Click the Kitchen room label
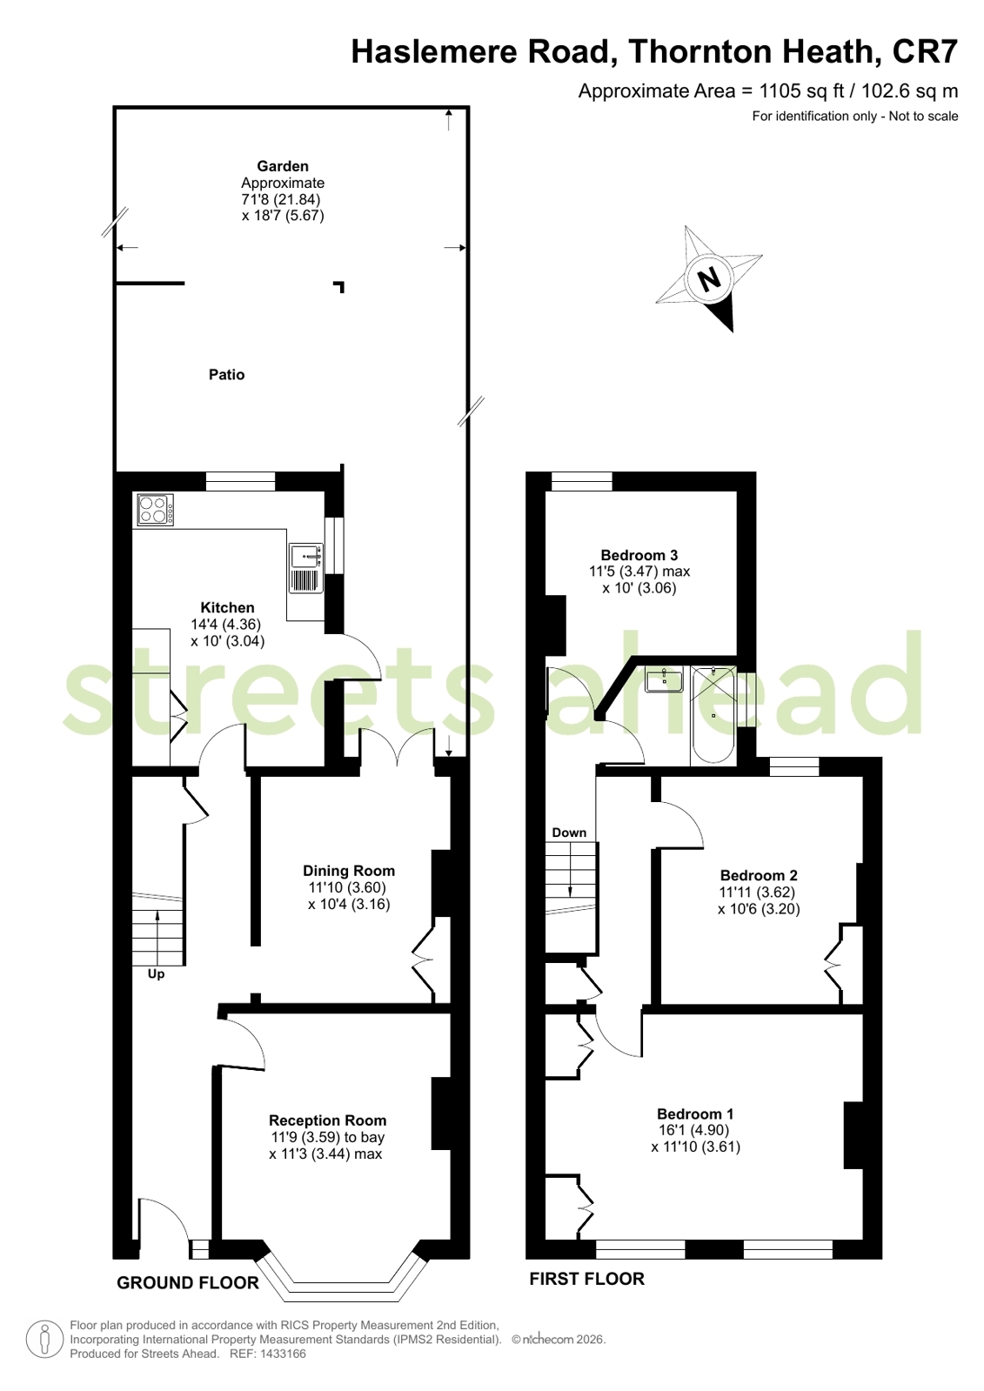pyautogui.click(x=227, y=607)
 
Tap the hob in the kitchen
pyautogui.click(x=156, y=510)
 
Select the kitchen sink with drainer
pyautogui.click(x=305, y=568)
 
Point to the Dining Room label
pyautogui.click(x=349, y=871)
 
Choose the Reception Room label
pyautogui.click(x=327, y=1120)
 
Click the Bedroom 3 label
pyautogui.click(x=639, y=554)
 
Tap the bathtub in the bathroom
pyautogui.click(x=713, y=715)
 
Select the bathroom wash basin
pyautogui.click(x=664, y=679)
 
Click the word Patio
pyautogui.click(x=227, y=374)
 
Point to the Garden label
pyautogui.click(x=283, y=166)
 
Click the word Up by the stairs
pyautogui.click(x=156, y=974)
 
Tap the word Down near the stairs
pyautogui.click(x=569, y=833)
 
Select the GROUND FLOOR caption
pyautogui.click(x=188, y=1282)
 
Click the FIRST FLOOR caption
pyautogui.click(x=587, y=1279)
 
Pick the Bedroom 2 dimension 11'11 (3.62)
pyautogui.click(x=757, y=893)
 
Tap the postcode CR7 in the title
pyautogui.click(x=925, y=51)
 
